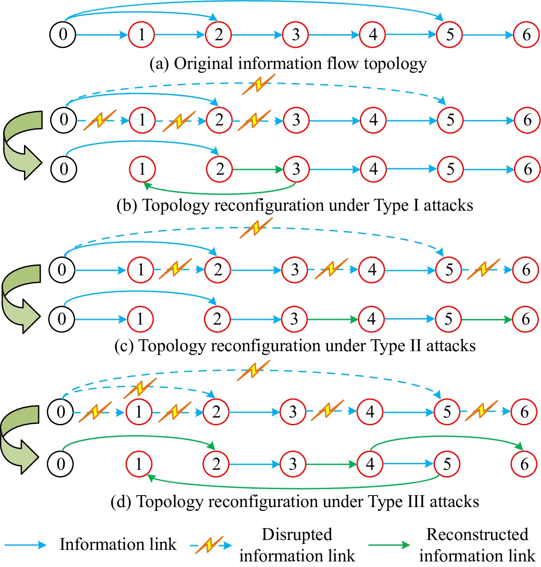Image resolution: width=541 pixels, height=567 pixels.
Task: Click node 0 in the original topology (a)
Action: point(63,34)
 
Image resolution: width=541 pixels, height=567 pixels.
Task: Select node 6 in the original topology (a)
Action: point(526,34)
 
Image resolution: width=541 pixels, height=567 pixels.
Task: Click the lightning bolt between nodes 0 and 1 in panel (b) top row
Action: point(99,120)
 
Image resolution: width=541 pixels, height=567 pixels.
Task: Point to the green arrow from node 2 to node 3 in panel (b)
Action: point(257,170)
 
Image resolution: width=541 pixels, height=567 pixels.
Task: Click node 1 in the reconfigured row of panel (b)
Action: point(142,169)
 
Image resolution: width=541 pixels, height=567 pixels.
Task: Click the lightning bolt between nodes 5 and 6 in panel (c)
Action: point(483,269)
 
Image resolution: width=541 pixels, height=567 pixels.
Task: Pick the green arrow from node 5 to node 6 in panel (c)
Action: point(487,319)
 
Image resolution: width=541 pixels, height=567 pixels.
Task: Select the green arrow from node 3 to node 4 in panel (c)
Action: point(333,319)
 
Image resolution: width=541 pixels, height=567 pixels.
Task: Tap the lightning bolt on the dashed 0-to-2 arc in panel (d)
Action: point(140,388)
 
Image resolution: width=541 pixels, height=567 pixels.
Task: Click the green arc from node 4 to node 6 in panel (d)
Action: point(445,438)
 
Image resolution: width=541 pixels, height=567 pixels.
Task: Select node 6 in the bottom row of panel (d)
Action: point(524,464)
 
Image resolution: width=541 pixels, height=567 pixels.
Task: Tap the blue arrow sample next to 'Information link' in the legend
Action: point(26,545)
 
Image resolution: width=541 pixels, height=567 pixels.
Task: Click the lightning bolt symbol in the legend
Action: point(209,545)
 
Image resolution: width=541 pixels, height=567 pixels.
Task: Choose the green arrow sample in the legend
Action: point(389,545)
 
